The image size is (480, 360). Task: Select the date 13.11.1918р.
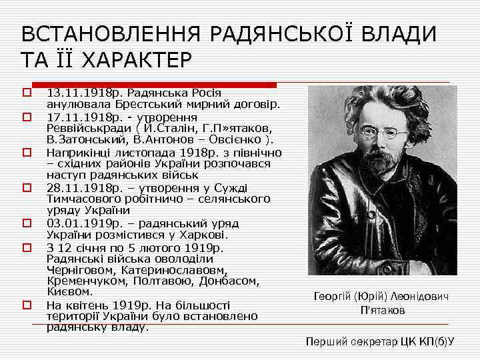75,93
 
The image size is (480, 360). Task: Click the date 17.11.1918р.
75,117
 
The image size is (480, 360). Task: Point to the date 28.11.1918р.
75,189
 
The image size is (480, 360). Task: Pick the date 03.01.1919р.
75,224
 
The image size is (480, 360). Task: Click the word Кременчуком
82,282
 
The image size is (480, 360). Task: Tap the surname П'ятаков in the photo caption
382,311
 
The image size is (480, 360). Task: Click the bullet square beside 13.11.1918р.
27,93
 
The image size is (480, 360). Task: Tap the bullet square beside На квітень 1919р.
27,305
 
